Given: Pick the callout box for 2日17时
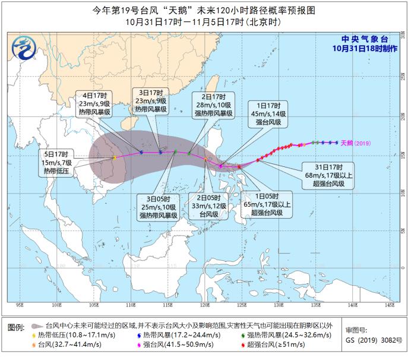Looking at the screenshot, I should click(x=212, y=103).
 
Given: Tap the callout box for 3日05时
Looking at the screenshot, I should click(x=159, y=207).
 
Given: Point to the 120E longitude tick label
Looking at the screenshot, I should click(x=205, y=305).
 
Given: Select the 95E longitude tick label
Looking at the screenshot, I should click(x=20, y=305).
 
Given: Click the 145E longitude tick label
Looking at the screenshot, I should click(x=390, y=305).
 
